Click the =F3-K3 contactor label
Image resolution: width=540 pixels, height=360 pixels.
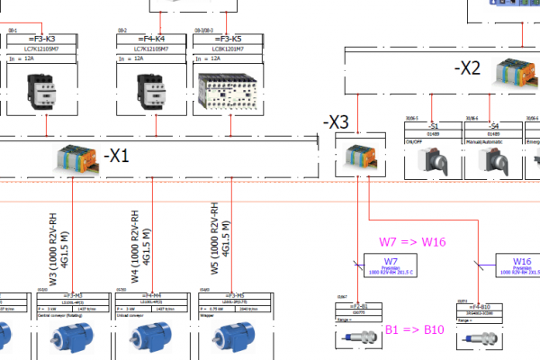pyautogui.click(x=42, y=39)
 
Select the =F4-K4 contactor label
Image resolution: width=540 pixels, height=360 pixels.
pyautogui.click(x=147, y=39)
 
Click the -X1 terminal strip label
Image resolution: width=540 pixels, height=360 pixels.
pyautogui.click(x=117, y=156)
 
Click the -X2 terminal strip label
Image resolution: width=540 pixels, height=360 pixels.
pyautogui.click(x=469, y=67)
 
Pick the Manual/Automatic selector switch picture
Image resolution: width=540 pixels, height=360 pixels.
pyautogui.click(x=492, y=160)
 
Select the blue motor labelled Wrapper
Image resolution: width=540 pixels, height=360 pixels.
pyautogui.click(x=229, y=335)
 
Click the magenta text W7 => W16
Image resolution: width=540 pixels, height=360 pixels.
pyautogui.click(x=412, y=241)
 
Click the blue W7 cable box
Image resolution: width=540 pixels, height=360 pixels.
pyautogui.click(x=389, y=265)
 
